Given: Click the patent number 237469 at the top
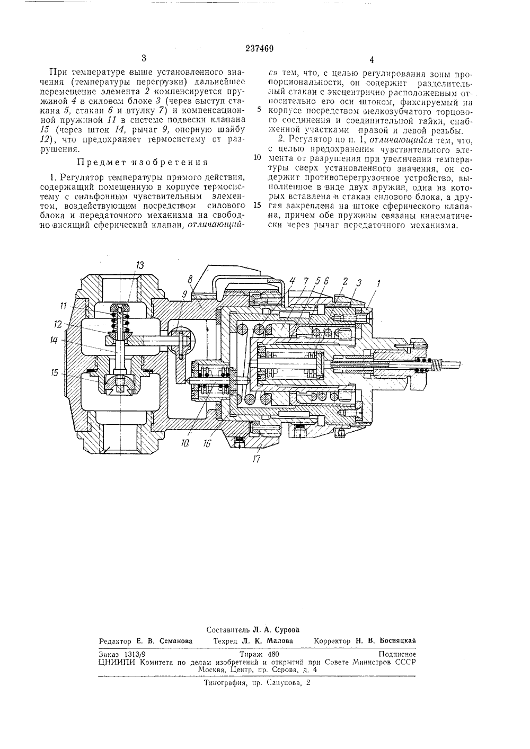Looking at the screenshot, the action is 259,49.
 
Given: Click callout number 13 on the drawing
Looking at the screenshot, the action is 139,265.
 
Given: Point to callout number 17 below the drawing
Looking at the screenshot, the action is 257,459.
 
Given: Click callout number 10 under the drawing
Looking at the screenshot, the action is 185,443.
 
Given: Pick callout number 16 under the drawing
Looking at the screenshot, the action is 207,443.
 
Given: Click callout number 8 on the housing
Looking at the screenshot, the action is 190,279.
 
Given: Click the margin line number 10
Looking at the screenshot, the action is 257,157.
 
